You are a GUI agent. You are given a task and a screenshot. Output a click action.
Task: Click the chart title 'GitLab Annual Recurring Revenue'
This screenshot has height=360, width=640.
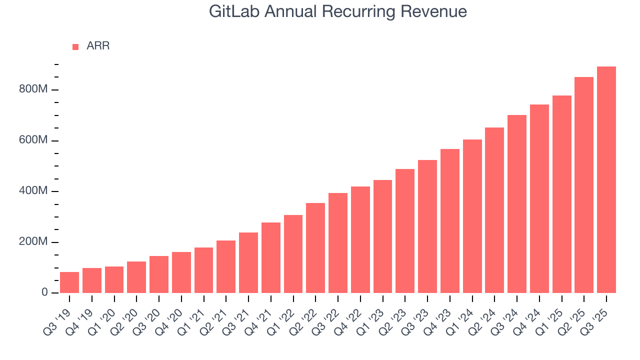coord(338,12)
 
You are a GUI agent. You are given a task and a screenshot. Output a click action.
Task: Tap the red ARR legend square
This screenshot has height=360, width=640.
coord(75,47)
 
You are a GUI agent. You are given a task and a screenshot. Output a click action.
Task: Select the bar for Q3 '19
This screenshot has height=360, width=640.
coord(69,282)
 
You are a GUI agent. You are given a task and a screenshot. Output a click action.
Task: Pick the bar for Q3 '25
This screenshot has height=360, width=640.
coord(606,180)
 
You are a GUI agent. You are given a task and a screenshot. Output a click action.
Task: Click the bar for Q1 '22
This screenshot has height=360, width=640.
coord(293,254)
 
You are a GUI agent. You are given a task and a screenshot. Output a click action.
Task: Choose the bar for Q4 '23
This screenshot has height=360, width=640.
coord(450,221)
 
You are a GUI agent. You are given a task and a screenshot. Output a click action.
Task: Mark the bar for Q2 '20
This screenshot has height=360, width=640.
coord(136,277)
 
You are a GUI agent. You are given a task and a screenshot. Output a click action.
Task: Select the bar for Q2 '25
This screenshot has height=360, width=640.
coord(584,185)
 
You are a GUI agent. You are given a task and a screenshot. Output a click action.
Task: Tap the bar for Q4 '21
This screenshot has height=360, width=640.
coord(271,258)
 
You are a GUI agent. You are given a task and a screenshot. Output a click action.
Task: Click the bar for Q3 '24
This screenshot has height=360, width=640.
coord(517,204)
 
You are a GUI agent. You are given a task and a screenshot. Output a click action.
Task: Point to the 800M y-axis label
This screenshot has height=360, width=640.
coord(34,90)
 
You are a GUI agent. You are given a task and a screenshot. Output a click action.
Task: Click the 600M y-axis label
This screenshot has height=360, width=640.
coord(34,140)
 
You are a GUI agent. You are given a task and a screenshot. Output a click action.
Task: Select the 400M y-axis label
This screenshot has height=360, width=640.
coord(34,191)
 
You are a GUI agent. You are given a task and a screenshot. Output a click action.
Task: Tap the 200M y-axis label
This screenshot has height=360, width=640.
coord(34,242)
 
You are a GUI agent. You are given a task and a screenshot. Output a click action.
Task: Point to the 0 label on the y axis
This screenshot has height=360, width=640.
coord(44,293)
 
